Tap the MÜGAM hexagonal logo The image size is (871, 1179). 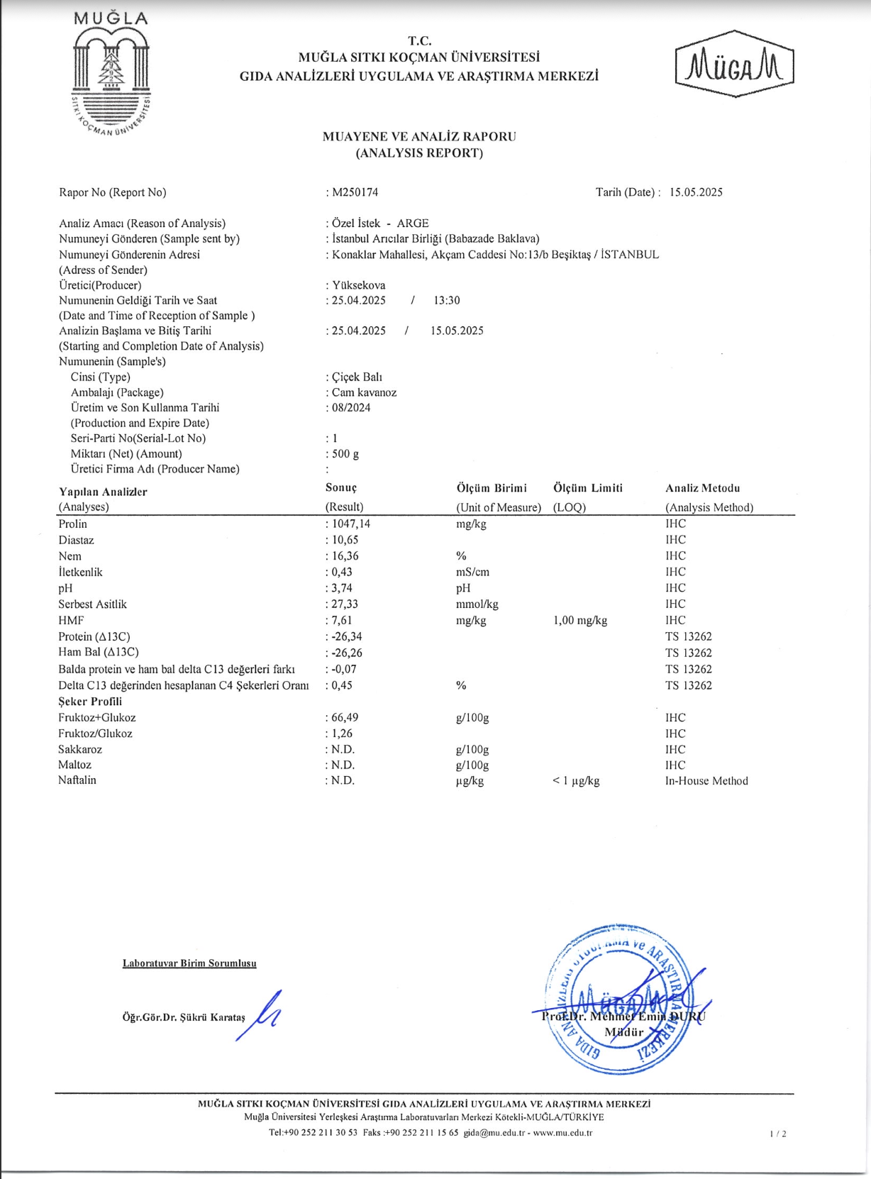(x=734, y=65)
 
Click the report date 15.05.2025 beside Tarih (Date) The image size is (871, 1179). (x=696, y=192)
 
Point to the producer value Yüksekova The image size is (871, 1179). (x=359, y=285)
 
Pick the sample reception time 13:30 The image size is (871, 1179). (x=447, y=301)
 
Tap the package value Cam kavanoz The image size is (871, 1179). (x=365, y=392)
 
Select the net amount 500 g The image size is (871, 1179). (x=345, y=454)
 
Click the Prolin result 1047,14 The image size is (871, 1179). (x=351, y=524)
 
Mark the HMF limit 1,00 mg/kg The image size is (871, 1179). (x=580, y=621)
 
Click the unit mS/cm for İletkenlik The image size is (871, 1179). (x=472, y=572)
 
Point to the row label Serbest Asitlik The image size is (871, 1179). (x=92, y=604)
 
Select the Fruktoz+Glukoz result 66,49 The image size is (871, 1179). (x=345, y=718)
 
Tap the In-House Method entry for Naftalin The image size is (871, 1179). (x=706, y=781)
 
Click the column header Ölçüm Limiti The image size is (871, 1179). (x=588, y=488)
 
